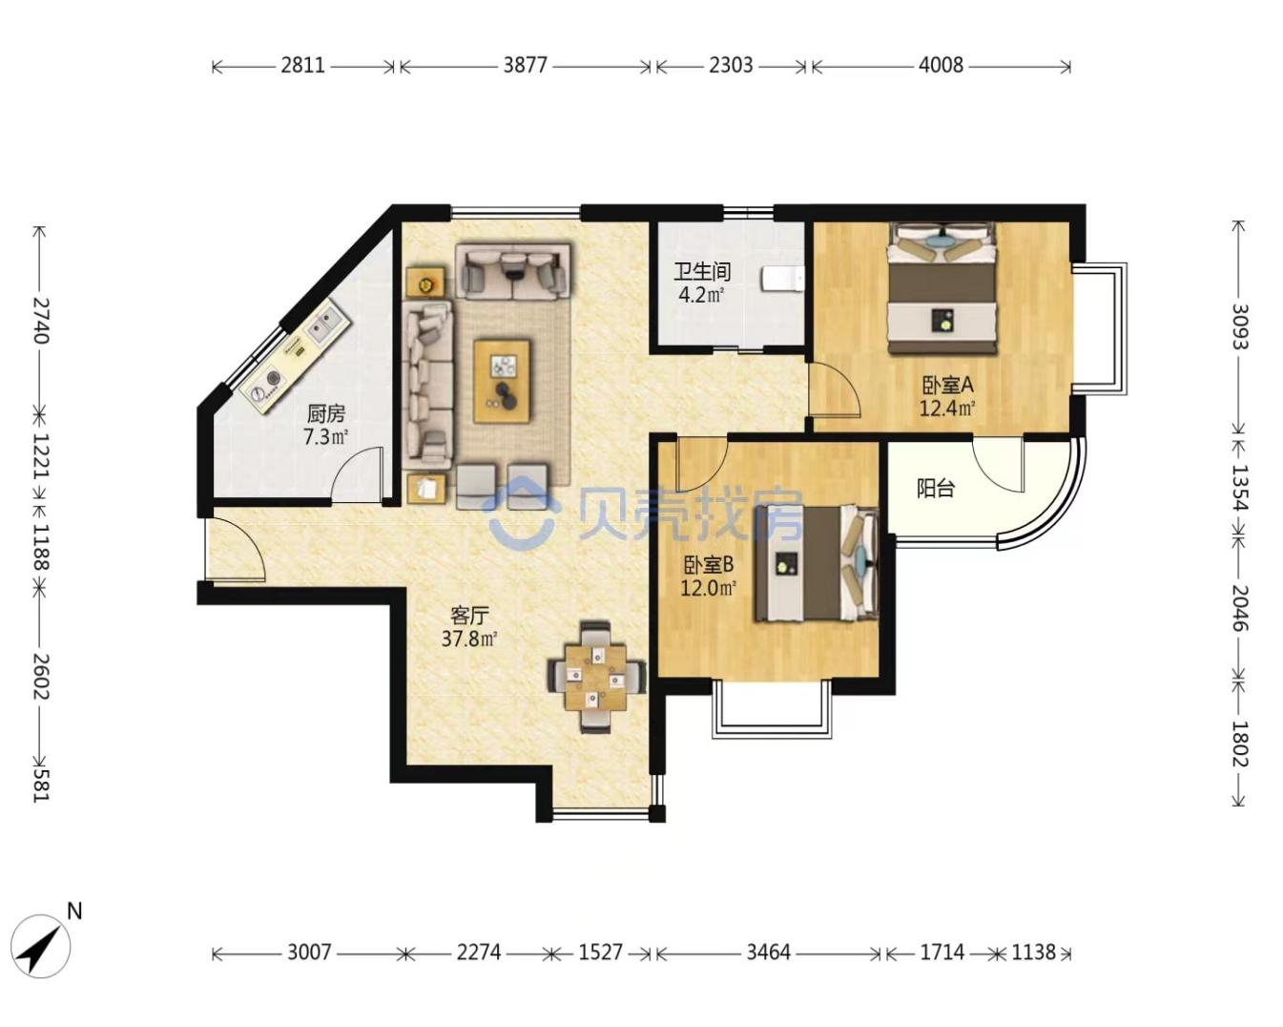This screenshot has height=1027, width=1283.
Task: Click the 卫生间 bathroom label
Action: click(702, 271)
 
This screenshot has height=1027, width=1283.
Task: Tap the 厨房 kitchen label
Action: click(326, 413)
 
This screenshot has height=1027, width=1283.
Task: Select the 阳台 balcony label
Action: click(936, 488)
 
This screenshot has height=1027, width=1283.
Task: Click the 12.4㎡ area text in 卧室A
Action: click(947, 409)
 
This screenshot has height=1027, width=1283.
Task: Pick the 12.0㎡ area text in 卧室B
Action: click(708, 588)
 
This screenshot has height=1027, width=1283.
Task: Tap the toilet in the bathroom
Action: click(782, 280)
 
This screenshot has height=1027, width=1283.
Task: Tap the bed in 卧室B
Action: click(817, 563)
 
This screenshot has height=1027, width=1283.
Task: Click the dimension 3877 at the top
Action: click(525, 65)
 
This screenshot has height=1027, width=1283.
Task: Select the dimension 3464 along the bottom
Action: click(769, 953)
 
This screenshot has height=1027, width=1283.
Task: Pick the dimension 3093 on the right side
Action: click(1239, 326)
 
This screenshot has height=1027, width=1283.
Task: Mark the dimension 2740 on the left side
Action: click(40, 320)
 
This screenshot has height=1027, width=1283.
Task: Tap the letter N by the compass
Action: click(74, 912)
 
